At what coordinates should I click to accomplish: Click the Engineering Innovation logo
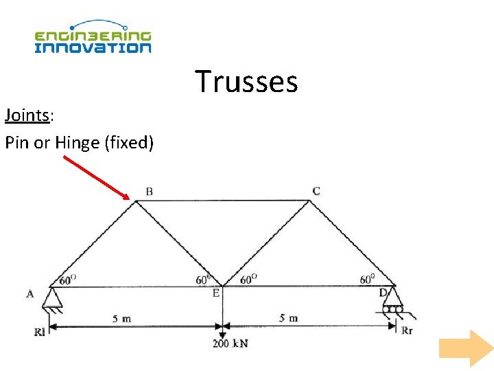pyautogui.click(x=93, y=38)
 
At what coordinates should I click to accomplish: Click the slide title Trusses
pyautogui.click(x=246, y=81)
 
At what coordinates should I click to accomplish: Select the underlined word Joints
pyautogui.click(x=27, y=115)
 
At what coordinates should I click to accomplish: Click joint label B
pyautogui.click(x=149, y=191)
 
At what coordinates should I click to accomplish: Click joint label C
pyautogui.click(x=316, y=190)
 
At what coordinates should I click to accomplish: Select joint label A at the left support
pyautogui.click(x=30, y=294)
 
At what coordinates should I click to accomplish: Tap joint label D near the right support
pyautogui.click(x=383, y=293)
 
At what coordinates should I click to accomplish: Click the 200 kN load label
pyautogui.click(x=229, y=342)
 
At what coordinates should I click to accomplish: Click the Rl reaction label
pyautogui.click(x=39, y=332)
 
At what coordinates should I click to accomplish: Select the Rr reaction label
pyautogui.click(x=408, y=330)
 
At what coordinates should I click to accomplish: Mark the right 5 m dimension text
pyautogui.click(x=288, y=318)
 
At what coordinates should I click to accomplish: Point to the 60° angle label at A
pyautogui.click(x=68, y=280)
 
